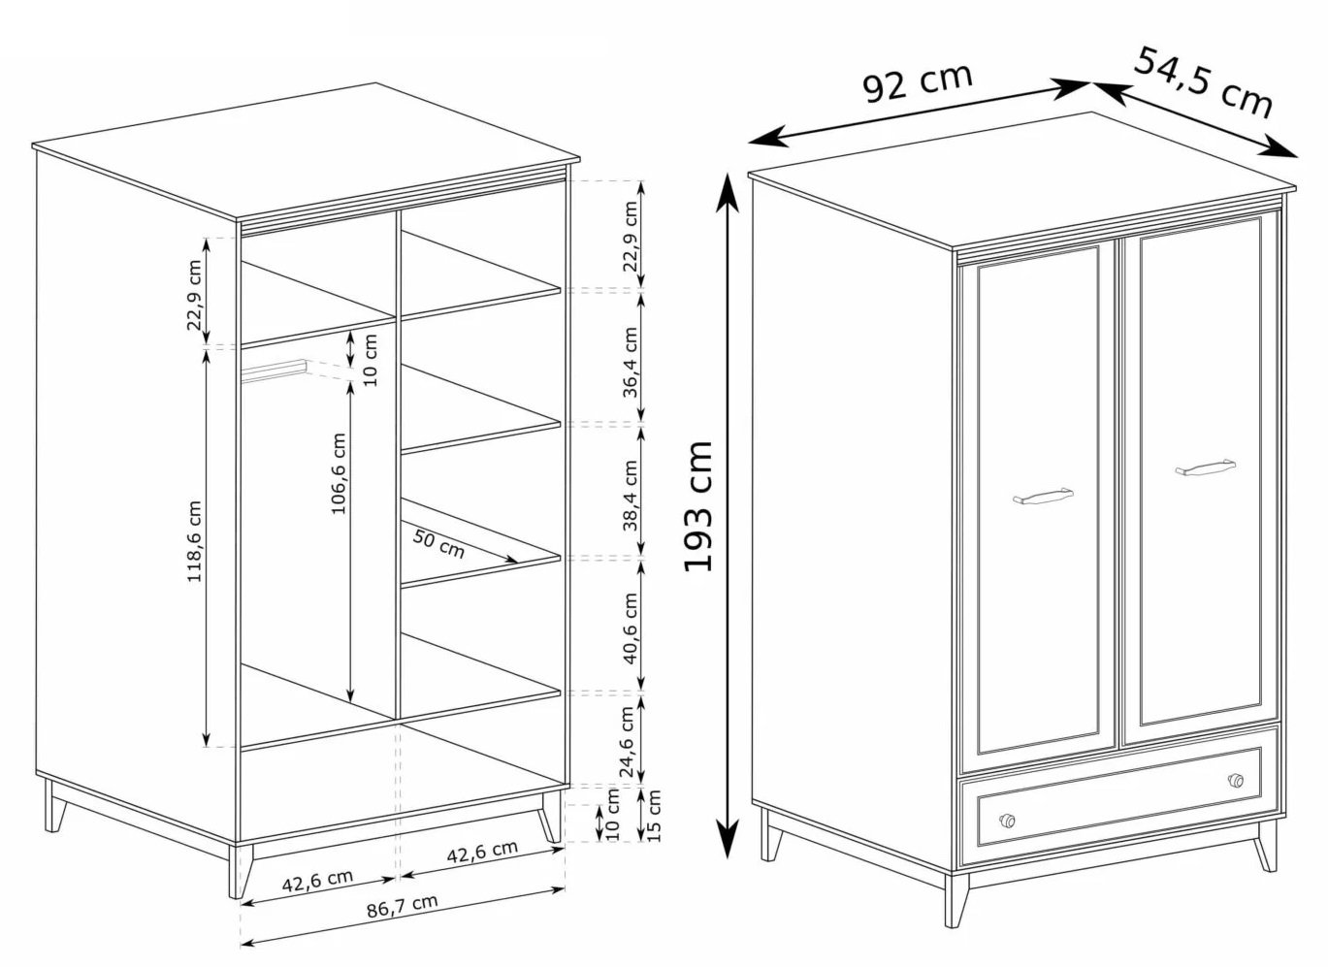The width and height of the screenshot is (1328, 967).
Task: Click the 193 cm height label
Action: pos(697,505)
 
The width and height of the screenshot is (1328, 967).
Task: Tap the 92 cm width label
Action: pos(917,82)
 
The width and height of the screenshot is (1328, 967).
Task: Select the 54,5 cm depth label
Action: pos(1203,83)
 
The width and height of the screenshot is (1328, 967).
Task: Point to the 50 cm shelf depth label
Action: pos(438,544)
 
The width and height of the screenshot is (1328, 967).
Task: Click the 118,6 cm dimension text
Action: pos(195,541)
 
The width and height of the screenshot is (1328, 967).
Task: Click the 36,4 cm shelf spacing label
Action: pos(631,362)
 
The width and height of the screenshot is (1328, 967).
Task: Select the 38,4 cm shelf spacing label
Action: pos(631,496)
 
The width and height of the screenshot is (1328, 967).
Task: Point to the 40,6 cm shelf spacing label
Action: pos(631,629)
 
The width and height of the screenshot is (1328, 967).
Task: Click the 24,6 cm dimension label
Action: pos(629,742)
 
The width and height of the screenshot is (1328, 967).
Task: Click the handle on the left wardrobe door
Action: pos(1043,497)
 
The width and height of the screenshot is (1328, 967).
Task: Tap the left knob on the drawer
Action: pos(1007,821)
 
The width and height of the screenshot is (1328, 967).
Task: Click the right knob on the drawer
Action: pos(1236,780)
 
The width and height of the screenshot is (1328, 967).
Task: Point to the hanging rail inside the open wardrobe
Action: pos(274,371)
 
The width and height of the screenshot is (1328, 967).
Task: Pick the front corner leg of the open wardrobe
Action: pos(241,870)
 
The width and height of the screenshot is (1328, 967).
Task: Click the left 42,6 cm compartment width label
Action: pos(317,881)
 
